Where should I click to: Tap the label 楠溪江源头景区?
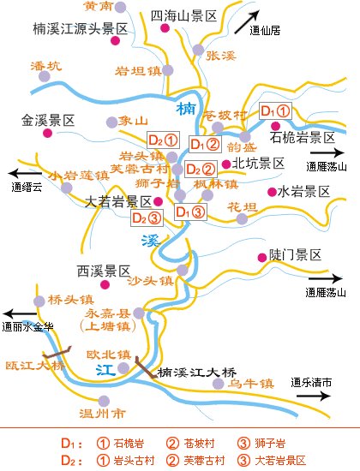tap(78, 29)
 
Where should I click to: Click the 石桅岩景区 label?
tap(300, 137)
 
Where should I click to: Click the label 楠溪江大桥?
tap(196, 373)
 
